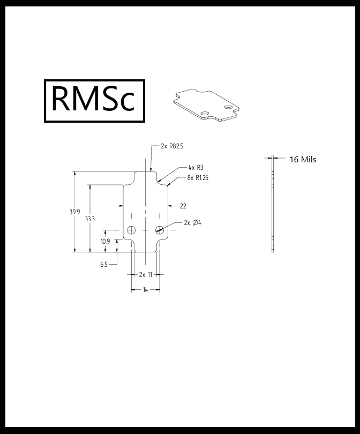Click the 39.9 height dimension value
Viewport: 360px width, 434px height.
click(x=74, y=212)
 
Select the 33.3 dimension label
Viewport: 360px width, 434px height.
click(x=90, y=219)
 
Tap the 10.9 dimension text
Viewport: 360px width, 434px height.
click(x=105, y=242)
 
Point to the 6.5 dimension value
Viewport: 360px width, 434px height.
click(x=104, y=264)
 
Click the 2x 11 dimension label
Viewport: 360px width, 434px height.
click(x=146, y=274)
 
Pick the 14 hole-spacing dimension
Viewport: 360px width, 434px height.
click(x=145, y=290)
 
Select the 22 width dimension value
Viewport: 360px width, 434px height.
click(x=183, y=206)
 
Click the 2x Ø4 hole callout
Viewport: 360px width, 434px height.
click(x=192, y=223)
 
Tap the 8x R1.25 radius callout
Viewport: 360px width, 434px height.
click(x=198, y=177)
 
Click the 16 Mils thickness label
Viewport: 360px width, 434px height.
click(x=303, y=159)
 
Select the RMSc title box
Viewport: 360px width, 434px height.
click(x=95, y=101)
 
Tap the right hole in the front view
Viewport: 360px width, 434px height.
click(x=160, y=230)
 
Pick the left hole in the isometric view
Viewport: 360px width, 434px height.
click(x=205, y=113)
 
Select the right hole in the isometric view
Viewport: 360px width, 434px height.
click(x=229, y=107)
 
